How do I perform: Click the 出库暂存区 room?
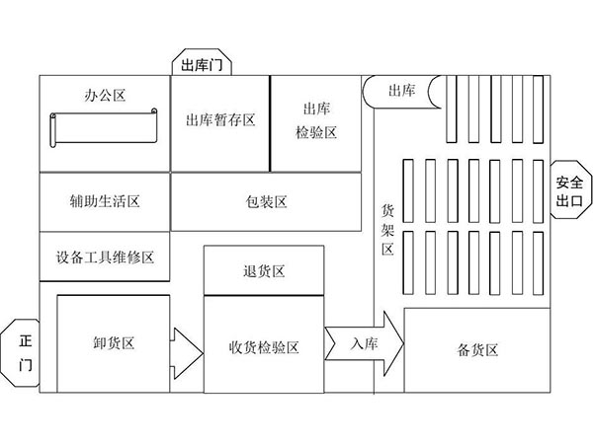pyautogui.click(x=220, y=121)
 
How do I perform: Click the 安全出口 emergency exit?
pyautogui.click(x=569, y=189)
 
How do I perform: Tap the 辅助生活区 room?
pyautogui.click(x=105, y=201)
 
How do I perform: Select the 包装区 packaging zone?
pyautogui.click(x=267, y=201)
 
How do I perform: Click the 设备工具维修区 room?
pyautogui.click(x=105, y=257)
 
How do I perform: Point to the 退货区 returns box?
pyautogui.click(x=264, y=271)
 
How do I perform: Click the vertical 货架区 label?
pyautogui.click(x=387, y=228)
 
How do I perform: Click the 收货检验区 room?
pyautogui.click(x=264, y=346)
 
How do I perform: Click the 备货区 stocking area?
pyautogui.click(x=477, y=349)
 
